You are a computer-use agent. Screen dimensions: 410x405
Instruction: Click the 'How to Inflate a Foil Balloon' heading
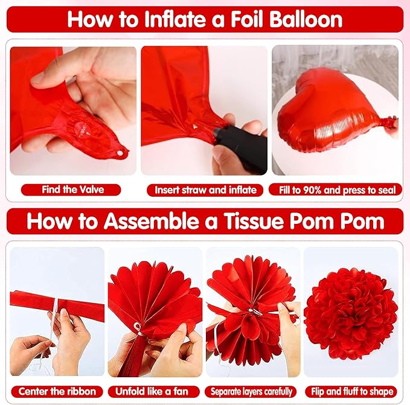[x=205, y=19]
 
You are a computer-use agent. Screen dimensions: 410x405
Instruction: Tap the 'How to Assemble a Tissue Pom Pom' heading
[x=205, y=221]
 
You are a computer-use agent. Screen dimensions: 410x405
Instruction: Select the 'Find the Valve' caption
[x=72, y=190]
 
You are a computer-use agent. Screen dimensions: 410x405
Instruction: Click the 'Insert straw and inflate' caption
[x=205, y=190]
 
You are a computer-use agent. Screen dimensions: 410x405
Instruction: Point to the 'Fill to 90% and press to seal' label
[x=338, y=190]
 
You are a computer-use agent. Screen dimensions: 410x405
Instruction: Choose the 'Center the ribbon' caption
[x=57, y=391]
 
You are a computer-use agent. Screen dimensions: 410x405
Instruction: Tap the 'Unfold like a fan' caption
[x=152, y=391]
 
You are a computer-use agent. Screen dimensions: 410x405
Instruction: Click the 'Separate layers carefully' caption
[x=251, y=392]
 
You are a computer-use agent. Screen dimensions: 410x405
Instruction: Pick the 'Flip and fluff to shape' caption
[x=352, y=392]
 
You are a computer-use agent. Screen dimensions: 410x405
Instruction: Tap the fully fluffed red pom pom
[x=350, y=313]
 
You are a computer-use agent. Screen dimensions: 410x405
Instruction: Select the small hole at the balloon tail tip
[x=120, y=153]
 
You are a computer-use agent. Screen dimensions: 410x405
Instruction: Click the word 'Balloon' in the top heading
[x=306, y=19]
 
